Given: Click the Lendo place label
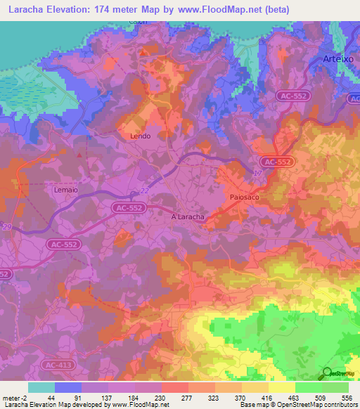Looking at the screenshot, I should pyautogui.click(x=141, y=136).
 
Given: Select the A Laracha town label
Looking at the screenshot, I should pyautogui.click(x=188, y=217).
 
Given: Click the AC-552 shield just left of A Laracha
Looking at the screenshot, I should pyautogui.click(x=129, y=208).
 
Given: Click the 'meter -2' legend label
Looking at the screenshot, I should pyautogui.click(x=14, y=398).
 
